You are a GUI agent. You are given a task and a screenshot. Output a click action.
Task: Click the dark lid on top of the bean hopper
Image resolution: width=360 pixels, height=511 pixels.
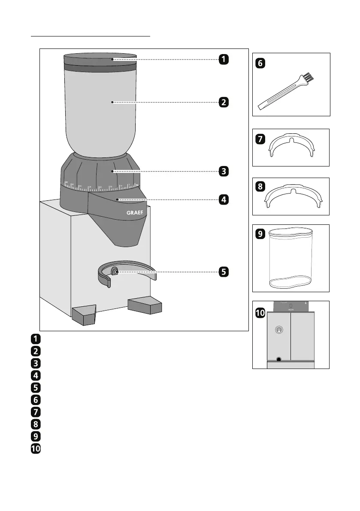(100, 60)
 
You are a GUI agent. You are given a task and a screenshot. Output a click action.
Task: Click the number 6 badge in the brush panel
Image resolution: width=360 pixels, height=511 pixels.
(260, 63)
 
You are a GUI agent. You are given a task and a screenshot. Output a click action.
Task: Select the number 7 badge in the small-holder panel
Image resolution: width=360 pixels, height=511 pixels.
(260, 139)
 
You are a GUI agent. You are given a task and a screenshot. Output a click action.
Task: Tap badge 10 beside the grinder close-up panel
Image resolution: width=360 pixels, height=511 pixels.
(260, 314)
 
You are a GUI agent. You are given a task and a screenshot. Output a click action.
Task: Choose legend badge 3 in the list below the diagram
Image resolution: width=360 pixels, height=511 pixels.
(36, 363)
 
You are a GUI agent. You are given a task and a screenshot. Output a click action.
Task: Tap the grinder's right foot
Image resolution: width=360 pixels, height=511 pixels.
(145, 305)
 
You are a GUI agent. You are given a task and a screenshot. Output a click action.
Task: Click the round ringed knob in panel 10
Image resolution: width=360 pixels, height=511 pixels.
(279, 330)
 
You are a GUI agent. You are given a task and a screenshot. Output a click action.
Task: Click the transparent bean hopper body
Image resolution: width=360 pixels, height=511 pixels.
(100, 112)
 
